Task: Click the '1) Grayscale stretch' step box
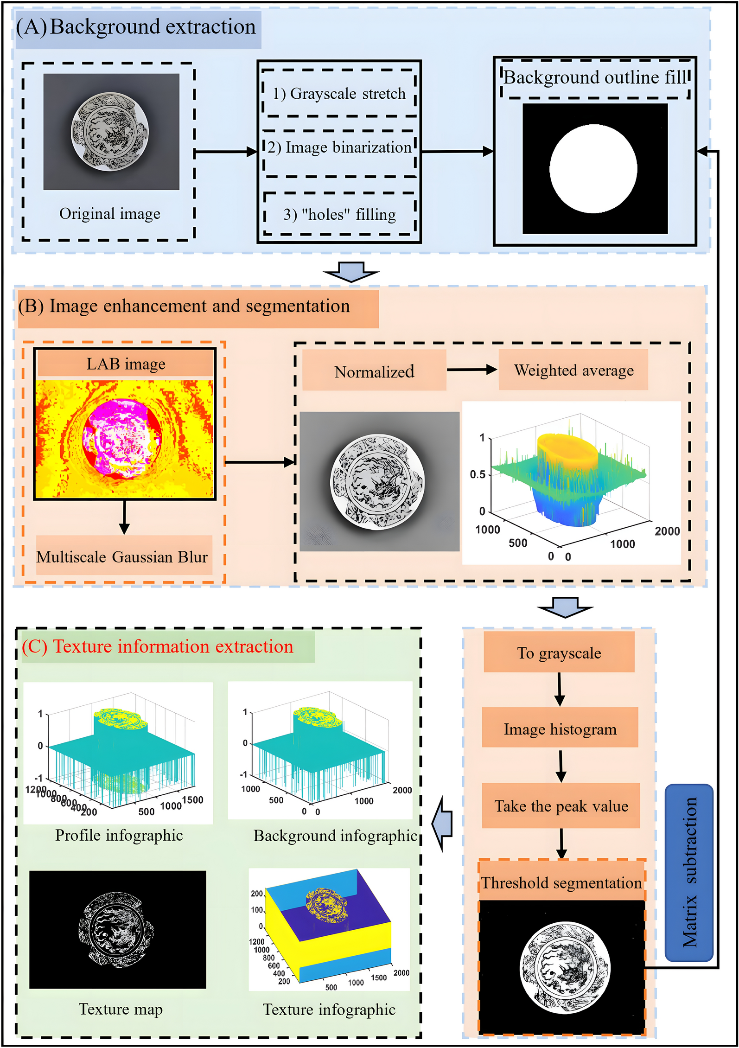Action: [339, 94]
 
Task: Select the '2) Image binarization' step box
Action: [339, 148]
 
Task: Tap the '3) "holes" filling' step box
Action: [340, 214]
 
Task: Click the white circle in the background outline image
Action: [593, 169]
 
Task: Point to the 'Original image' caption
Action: [110, 214]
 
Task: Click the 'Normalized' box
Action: [374, 371]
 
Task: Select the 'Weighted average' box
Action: [573, 371]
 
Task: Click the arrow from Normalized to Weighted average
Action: [471, 370]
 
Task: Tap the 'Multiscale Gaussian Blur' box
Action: [122, 556]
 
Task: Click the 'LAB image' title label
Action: [126, 364]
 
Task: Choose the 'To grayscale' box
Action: [559, 653]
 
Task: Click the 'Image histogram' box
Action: [560, 729]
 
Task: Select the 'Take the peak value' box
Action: [561, 806]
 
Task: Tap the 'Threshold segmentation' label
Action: [561, 882]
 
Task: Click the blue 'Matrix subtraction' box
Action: [689, 872]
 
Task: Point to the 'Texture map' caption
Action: [121, 1009]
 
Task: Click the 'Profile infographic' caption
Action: [119, 835]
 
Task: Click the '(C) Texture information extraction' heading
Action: [158, 646]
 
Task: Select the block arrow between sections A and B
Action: [351, 272]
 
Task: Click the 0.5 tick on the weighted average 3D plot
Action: [478, 474]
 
